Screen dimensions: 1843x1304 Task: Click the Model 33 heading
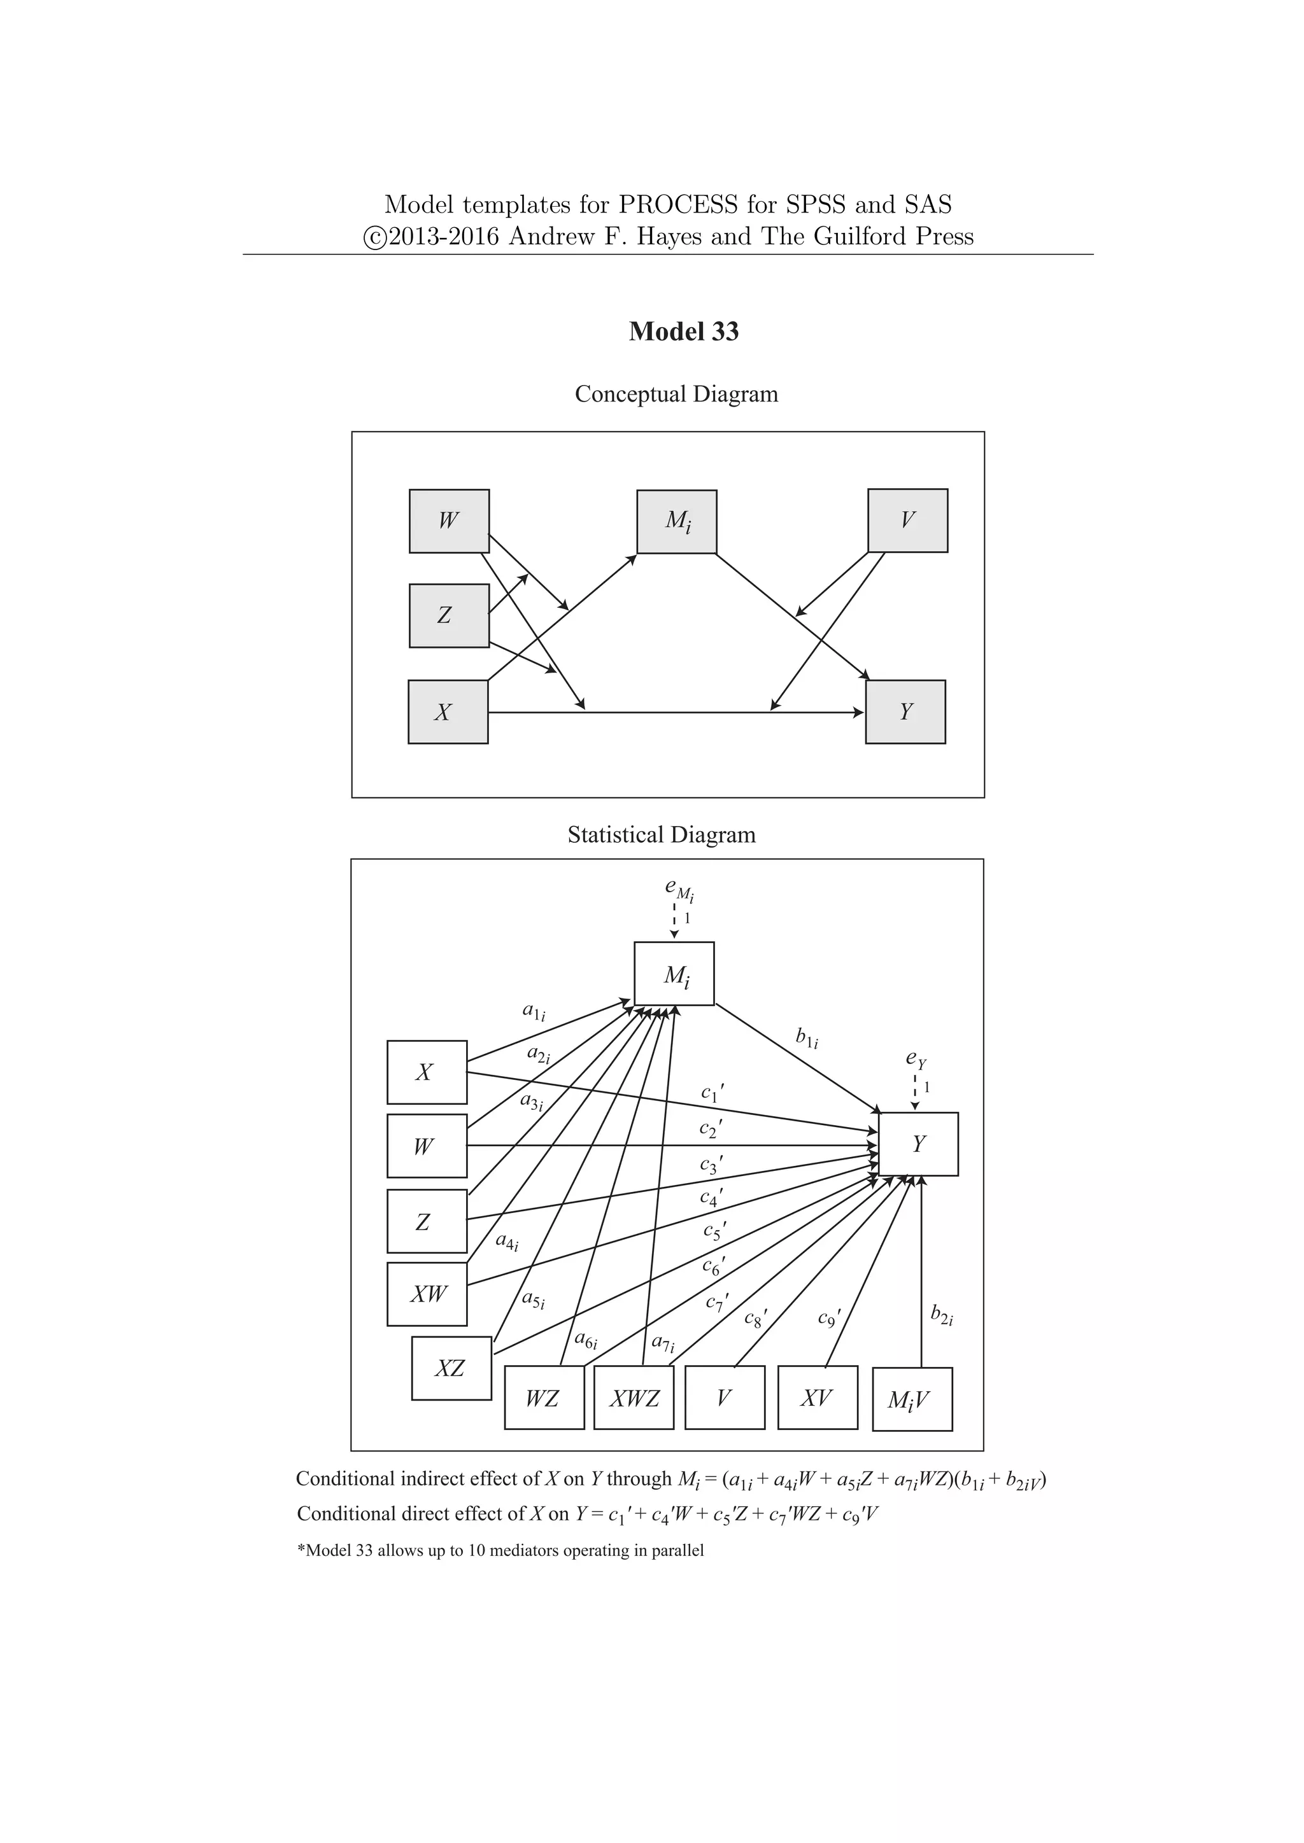point(683,332)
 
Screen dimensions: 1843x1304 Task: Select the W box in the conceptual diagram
point(449,521)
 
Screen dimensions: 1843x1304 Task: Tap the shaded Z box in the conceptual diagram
point(449,615)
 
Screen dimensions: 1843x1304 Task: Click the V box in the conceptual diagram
point(907,520)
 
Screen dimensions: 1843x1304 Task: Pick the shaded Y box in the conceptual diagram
point(905,712)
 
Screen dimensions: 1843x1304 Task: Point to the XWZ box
point(634,1399)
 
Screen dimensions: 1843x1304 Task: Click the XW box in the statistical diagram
point(427,1294)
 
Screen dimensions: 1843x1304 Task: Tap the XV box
point(818,1398)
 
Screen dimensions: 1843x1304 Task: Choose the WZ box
point(544,1399)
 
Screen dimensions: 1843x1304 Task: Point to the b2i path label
point(941,1314)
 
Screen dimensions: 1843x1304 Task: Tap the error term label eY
point(916,1060)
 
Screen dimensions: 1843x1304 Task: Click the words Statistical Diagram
point(662,835)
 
